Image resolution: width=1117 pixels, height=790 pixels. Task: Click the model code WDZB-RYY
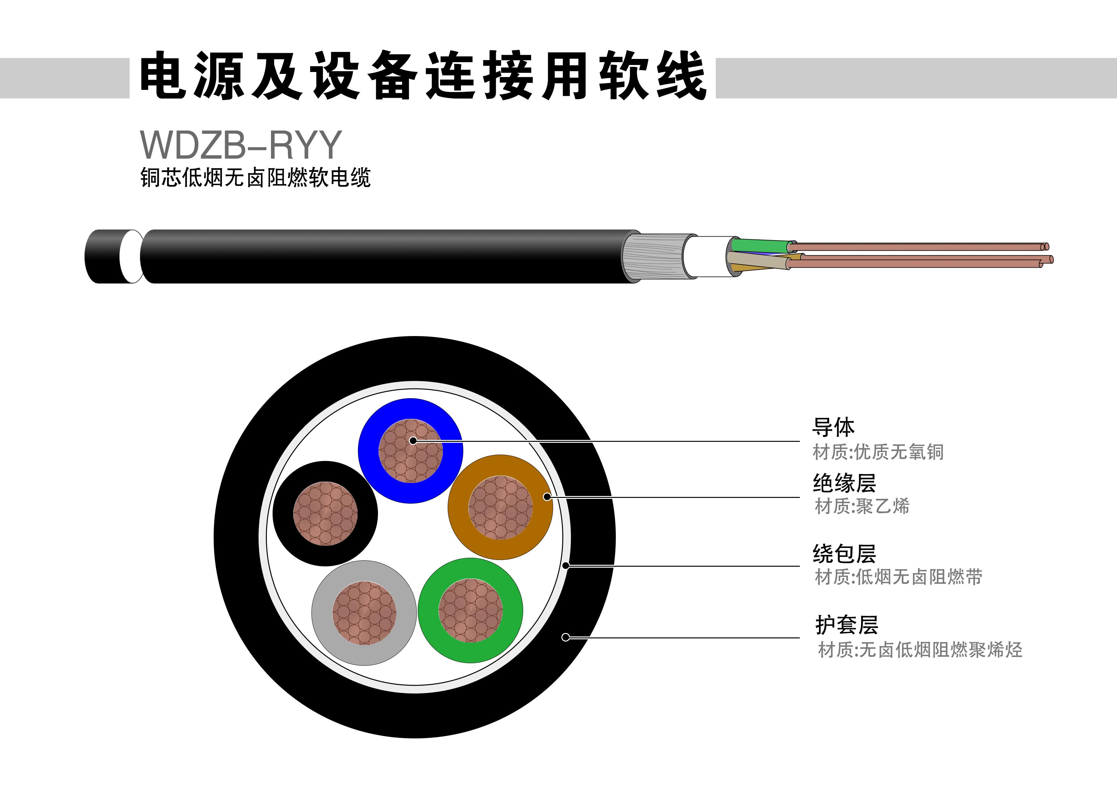[x=241, y=145]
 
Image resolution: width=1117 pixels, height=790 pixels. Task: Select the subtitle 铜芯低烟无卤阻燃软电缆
[x=255, y=177]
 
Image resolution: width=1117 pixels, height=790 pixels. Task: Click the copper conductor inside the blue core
[x=411, y=451]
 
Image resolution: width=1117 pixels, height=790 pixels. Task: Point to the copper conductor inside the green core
[x=470, y=610]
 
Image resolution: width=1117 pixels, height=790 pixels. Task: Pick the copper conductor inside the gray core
[x=364, y=613]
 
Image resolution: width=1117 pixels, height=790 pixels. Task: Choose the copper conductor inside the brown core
[x=501, y=508]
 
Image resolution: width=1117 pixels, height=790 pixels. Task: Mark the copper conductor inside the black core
[x=325, y=513]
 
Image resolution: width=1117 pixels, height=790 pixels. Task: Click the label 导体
[x=833, y=427]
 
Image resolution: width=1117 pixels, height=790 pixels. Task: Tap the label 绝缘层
[x=844, y=483]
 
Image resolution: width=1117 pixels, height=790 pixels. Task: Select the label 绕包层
[x=844, y=553]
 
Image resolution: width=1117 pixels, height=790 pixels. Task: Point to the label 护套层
[x=847, y=625]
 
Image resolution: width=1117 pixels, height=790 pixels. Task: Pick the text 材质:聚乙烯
[x=862, y=506]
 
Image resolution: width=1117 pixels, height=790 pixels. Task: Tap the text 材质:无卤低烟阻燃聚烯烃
[x=920, y=649]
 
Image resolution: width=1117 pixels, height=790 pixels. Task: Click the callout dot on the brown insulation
[x=547, y=497]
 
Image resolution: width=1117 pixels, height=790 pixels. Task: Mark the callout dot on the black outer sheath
[x=565, y=637]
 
